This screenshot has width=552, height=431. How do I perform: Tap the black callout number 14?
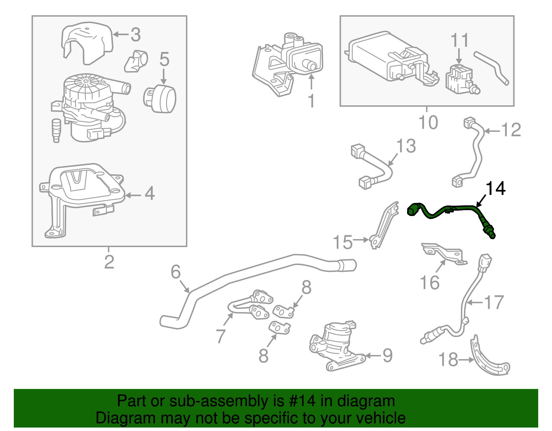[x=495, y=188]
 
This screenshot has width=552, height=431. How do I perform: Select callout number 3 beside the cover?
[x=135, y=35]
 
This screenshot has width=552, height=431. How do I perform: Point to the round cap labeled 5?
[x=161, y=99]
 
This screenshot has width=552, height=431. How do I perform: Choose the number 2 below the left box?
[x=109, y=262]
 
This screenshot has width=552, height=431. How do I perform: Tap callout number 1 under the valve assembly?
[x=311, y=101]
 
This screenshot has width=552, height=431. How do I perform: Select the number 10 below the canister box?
[x=428, y=123]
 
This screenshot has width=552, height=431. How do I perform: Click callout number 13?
[x=406, y=146]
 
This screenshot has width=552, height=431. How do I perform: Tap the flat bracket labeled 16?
[x=443, y=254]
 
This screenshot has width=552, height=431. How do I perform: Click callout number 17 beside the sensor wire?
[x=494, y=303]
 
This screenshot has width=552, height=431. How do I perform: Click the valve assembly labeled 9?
[x=336, y=345]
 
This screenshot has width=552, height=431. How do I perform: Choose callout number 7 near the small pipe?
[x=221, y=335]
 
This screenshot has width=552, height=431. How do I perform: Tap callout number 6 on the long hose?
[x=176, y=272]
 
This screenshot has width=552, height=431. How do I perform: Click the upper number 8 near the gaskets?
[x=306, y=287]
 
